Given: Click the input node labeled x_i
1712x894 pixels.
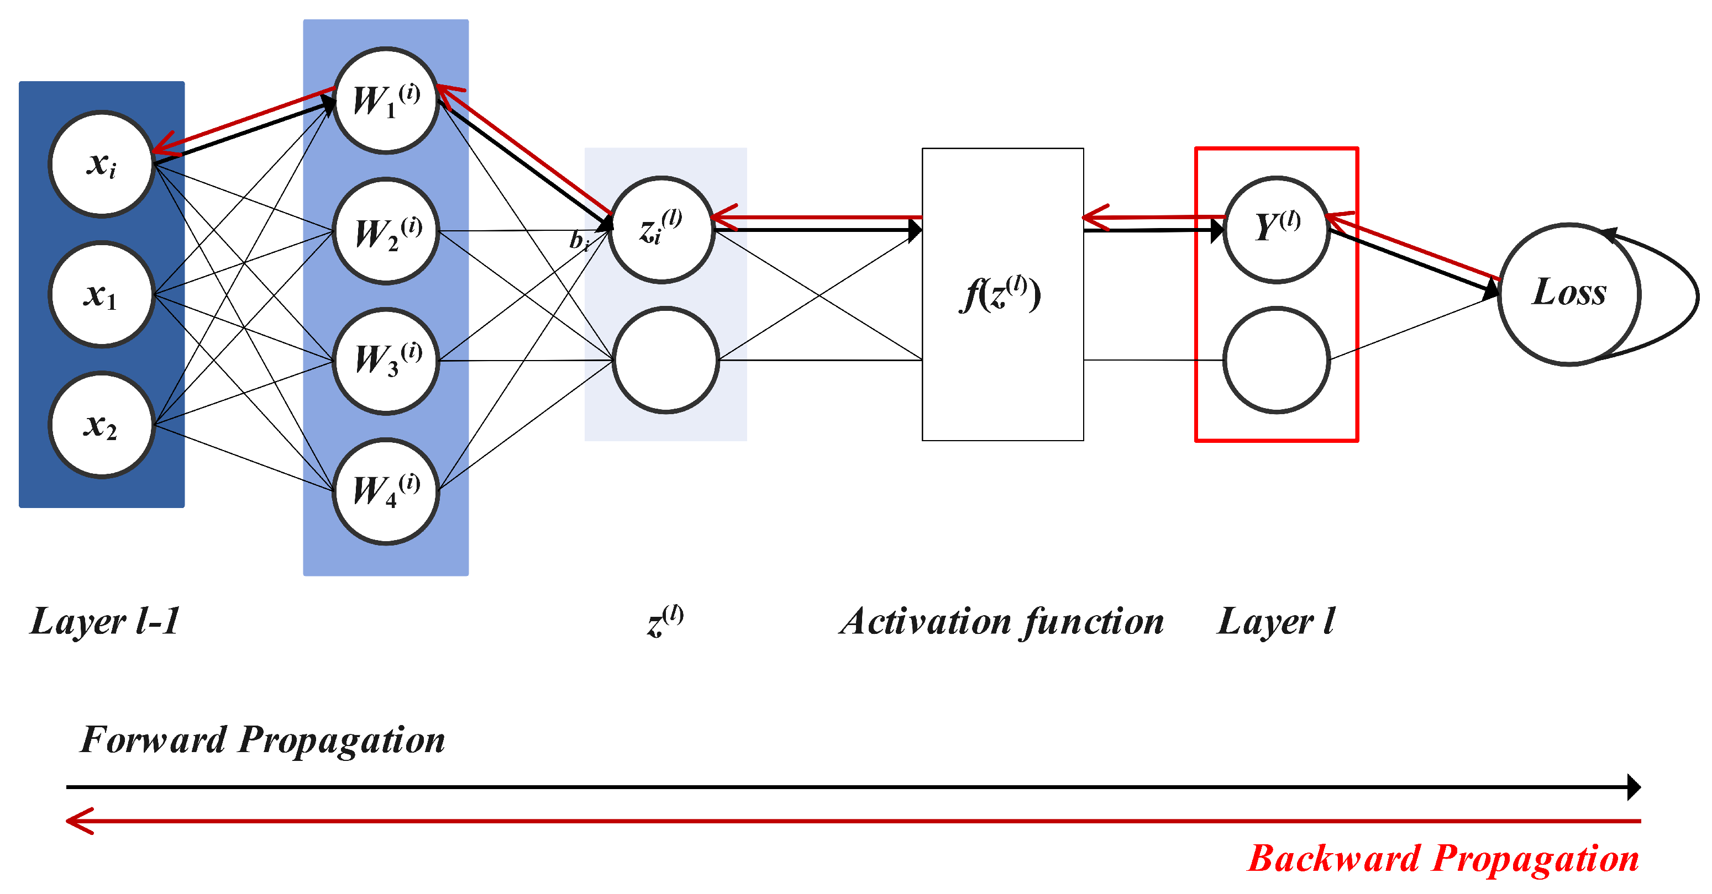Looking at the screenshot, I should pos(102,163).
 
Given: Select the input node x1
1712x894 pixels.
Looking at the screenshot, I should pos(102,294).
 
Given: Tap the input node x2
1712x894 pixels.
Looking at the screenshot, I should pos(102,425).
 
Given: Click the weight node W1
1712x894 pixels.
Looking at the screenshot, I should pos(386,100).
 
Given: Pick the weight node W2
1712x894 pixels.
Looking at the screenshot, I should pos(386,231).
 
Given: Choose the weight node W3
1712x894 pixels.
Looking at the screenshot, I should pos(386,361).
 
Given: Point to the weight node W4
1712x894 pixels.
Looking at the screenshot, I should pos(386,491).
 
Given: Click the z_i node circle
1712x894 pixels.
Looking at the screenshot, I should pos(662,230).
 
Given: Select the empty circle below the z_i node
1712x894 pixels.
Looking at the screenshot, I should pos(665,360).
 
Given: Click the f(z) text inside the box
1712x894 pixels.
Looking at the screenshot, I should pos(1000,294).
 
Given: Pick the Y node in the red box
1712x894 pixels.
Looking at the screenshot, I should pos(1276,230).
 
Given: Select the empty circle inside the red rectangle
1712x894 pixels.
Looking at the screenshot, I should pos(1276,360).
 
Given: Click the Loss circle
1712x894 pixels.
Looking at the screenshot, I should pos(1568,294).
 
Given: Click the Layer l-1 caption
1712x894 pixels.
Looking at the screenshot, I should pos(105,622).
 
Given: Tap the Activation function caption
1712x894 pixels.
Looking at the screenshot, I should pos(1001,622).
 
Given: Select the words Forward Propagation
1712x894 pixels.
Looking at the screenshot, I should pos(262,739).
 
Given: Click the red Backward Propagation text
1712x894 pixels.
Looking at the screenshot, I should pos(1443,858).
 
